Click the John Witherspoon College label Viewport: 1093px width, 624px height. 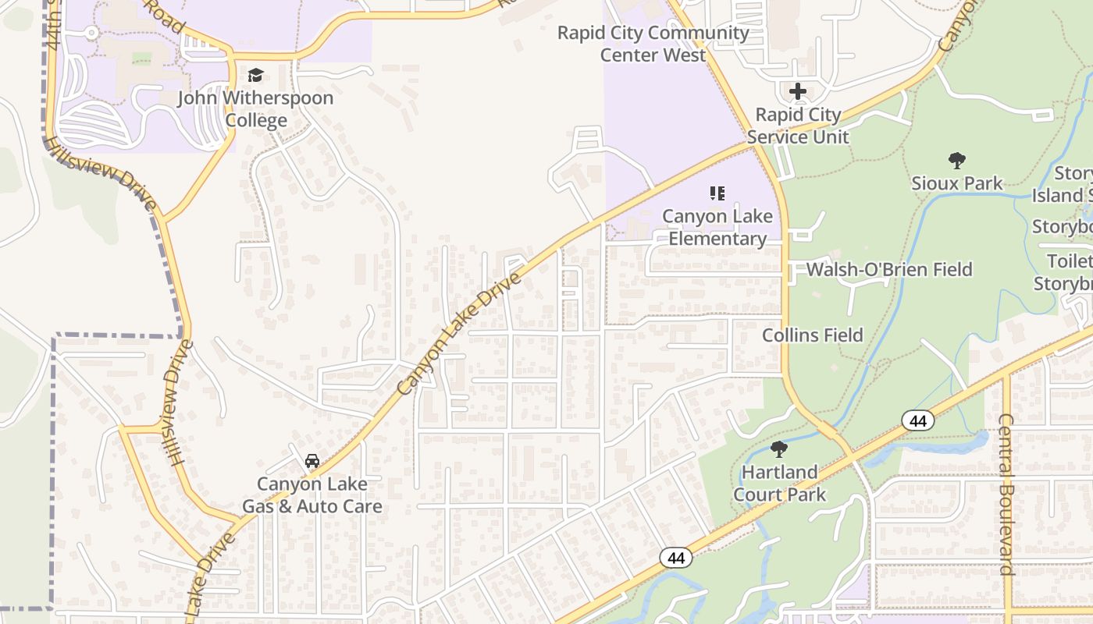tap(255, 109)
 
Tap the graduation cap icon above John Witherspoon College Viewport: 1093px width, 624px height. tap(255, 76)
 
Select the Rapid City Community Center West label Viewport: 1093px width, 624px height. tap(653, 44)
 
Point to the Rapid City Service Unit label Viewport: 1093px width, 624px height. tap(798, 126)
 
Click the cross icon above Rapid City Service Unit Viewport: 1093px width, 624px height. tap(797, 91)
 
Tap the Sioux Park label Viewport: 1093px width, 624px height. tap(957, 183)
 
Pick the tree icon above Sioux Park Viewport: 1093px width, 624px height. tap(957, 161)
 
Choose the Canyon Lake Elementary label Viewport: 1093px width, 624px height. tap(717, 227)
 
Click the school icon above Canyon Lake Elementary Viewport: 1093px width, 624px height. tap(717, 193)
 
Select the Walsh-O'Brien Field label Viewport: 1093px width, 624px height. tap(889, 270)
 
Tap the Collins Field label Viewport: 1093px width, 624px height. tap(813, 335)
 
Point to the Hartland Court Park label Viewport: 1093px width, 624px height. tap(779, 483)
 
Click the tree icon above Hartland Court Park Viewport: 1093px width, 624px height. tap(778, 448)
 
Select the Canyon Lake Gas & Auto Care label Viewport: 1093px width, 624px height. tap(312, 495)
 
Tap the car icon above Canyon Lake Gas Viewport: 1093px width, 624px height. tap(312, 461)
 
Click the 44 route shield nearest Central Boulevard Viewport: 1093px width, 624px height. tap(918, 421)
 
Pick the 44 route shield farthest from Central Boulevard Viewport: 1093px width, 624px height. tap(676, 558)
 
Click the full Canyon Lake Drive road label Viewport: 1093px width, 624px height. tap(458, 333)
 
